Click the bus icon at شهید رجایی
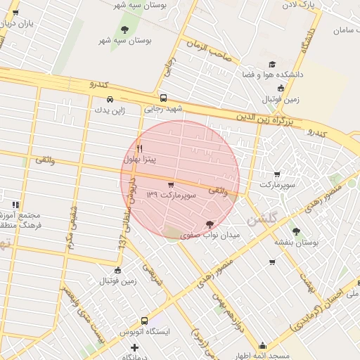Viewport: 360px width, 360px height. point(164,98)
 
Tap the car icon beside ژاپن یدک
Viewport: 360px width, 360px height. point(110,99)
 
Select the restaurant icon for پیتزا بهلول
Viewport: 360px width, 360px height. point(139,148)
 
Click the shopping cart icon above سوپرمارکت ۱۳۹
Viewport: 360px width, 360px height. point(171,184)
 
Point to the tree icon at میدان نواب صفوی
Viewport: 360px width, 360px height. point(210,224)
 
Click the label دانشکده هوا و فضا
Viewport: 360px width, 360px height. point(271,74)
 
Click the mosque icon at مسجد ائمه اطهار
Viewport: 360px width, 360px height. point(263,345)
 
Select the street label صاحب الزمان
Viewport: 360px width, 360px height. point(209,51)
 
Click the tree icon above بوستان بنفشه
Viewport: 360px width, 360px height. point(296,230)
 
